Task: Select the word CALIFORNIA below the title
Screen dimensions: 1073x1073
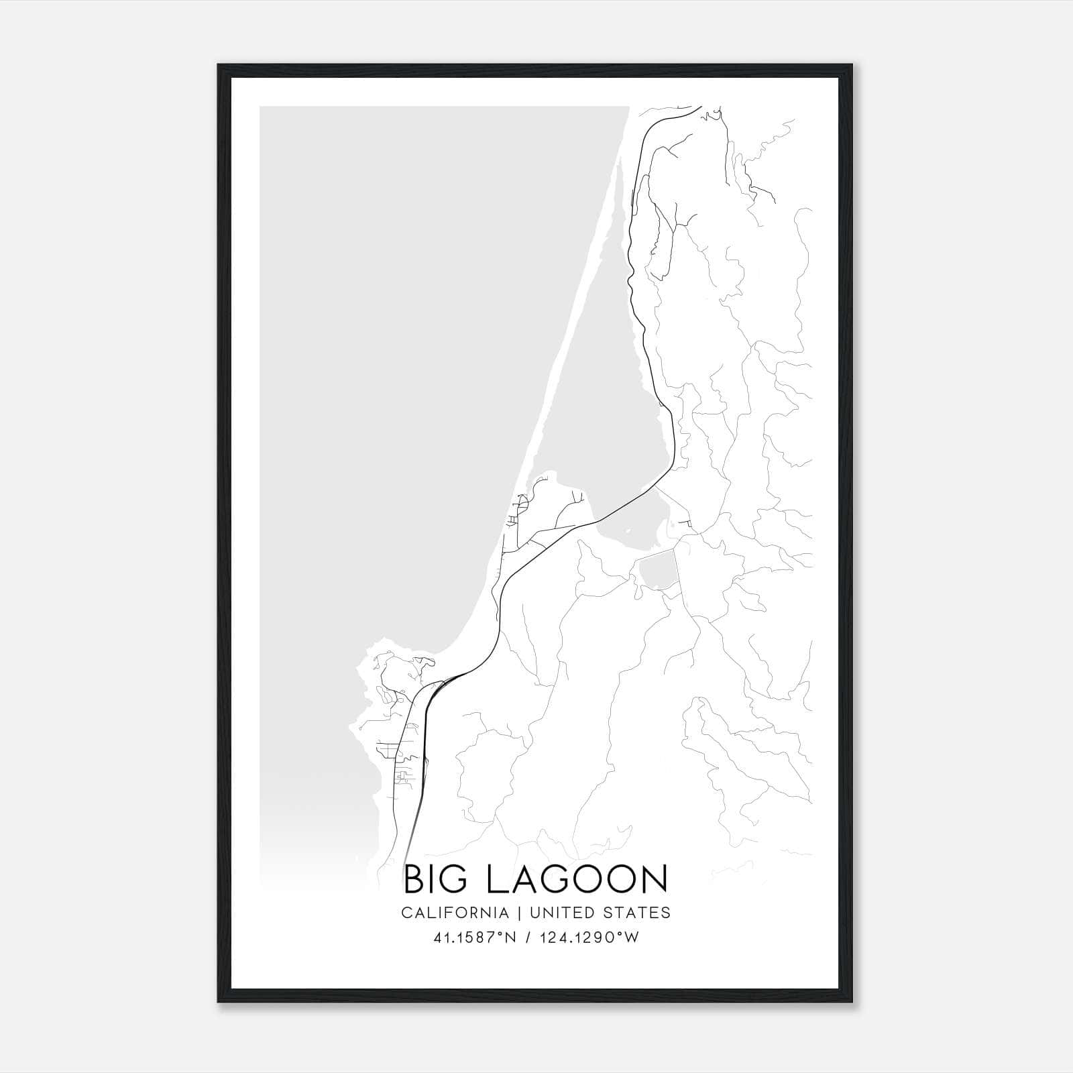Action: pyautogui.click(x=455, y=913)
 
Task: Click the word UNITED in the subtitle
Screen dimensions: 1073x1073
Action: pyautogui.click(x=562, y=913)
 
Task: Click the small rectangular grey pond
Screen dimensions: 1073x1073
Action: pyautogui.click(x=657, y=571)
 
